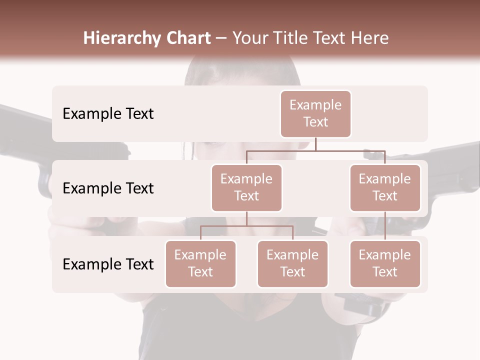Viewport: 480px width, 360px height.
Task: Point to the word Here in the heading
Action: [368, 38]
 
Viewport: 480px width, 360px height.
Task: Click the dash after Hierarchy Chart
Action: [221, 38]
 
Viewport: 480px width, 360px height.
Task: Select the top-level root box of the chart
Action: [315, 113]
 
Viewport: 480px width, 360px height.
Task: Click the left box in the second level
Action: [246, 187]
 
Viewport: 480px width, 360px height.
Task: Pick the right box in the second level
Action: [385, 187]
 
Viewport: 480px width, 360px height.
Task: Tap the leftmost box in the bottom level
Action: [200, 263]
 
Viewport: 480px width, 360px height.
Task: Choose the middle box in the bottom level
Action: [292, 263]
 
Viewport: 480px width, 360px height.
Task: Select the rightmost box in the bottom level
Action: [385, 263]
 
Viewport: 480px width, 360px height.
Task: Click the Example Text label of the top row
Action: [108, 113]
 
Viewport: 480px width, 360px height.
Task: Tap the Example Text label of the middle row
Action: [108, 188]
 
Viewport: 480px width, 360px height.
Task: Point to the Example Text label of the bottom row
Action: [108, 264]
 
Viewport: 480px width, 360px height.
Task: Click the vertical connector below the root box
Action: [315, 144]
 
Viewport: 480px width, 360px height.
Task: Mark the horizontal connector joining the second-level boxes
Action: [315, 150]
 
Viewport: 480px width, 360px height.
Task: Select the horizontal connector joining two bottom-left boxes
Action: [246, 226]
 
